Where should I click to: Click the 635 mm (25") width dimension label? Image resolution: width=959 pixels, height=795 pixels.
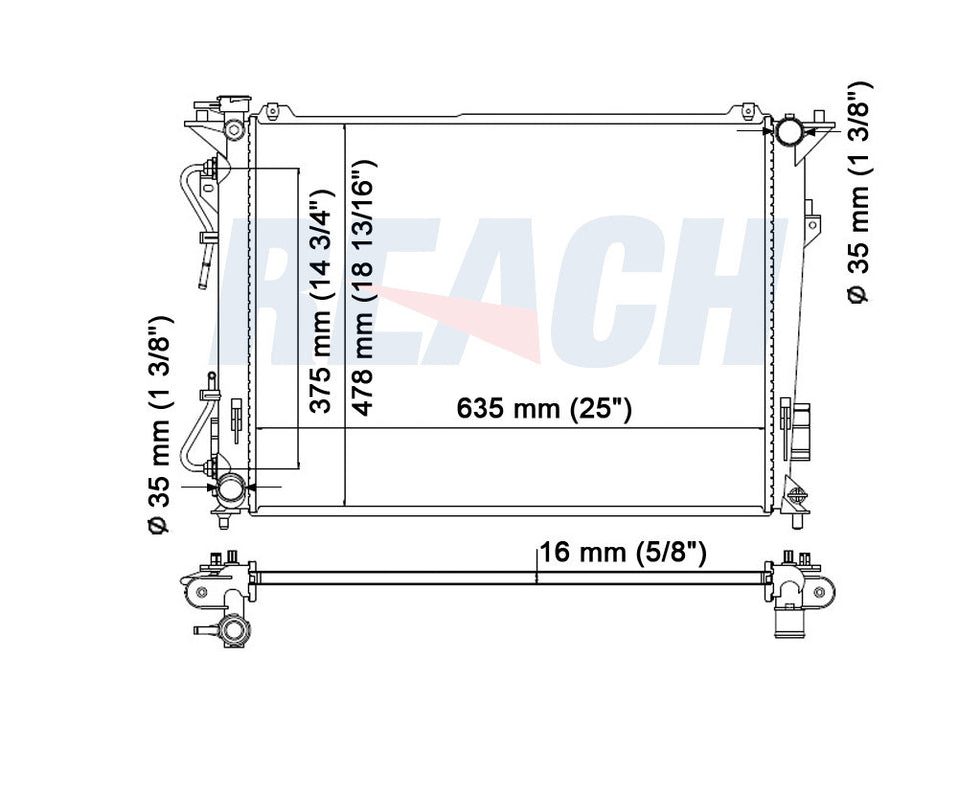click(x=543, y=408)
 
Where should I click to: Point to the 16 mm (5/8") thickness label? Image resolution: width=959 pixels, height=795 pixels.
click(x=624, y=552)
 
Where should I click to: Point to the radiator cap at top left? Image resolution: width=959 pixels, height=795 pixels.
click(x=228, y=102)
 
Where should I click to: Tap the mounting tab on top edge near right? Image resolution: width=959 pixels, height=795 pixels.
click(x=746, y=109)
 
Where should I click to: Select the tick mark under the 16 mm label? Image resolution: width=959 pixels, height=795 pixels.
click(x=537, y=573)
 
